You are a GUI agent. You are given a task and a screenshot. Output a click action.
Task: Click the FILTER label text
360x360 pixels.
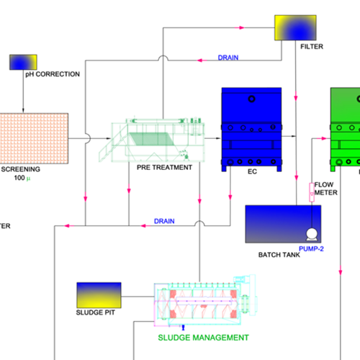click(312, 46)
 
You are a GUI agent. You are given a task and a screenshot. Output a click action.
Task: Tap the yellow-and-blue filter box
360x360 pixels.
click(295, 27)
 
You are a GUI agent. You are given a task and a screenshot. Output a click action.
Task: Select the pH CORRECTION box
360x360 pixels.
click(23, 62)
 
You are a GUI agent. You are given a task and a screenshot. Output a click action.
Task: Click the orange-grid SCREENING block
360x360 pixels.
click(34, 138)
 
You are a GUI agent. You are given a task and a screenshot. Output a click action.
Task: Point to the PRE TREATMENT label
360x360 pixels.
click(164, 167)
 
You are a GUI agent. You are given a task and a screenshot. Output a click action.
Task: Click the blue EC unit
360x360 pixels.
click(251, 130)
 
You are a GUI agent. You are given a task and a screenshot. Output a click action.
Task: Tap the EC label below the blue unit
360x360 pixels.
click(252, 171)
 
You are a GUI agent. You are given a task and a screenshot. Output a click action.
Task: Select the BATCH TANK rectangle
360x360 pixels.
click(283, 224)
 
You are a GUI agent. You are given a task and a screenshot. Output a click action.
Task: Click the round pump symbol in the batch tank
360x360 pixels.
click(312, 234)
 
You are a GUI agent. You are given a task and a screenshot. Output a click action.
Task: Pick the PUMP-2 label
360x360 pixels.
click(311, 248)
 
